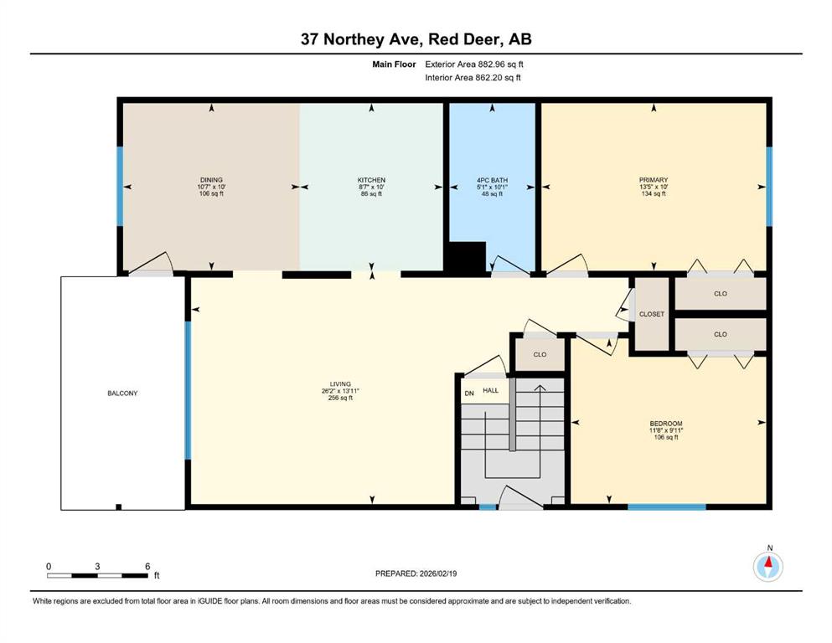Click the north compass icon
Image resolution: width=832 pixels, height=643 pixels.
pyautogui.click(x=767, y=566)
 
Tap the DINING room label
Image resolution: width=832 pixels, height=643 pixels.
pyautogui.click(x=211, y=180)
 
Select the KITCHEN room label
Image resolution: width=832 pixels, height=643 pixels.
pyautogui.click(x=371, y=180)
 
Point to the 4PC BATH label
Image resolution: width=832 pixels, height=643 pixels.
pyautogui.click(x=492, y=180)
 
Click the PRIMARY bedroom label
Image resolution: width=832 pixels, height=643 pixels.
pyautogui.click(x=654, y=180)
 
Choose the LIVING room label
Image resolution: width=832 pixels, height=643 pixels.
pyautogui.click(x=340, y=383)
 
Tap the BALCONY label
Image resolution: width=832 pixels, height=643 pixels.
pyautogui.click(x=122, y=394)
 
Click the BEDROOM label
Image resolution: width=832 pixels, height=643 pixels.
pyautogui.click(x=666, y=424)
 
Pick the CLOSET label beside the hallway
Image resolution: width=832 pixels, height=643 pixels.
pyautogui.click(x=652, y=314)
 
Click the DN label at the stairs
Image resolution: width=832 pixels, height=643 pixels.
pyautogui.click(x=469, y=394)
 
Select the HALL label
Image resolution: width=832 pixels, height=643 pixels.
pyautogui.click(x=490, y=390)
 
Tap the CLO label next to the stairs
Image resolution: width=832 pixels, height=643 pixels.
pyautogui.click(x=540, y=354)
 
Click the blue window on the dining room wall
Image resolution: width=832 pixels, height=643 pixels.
pyautogui.click(x=120, y=187)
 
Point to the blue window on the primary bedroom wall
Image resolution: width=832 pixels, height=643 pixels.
pyautogui.click(x=769, y=187)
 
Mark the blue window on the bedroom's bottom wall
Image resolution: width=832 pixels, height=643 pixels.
pyautogui.click(x=667, y=507)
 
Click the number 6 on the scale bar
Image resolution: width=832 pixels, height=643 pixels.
pyautogui.click(x=147, y=566)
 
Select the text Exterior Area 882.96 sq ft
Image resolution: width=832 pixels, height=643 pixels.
pyautogui.click(x=474, y=64)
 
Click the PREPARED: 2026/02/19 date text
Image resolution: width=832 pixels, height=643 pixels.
pyautogui.click(x=416, y=574)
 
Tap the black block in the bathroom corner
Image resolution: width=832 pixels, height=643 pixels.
pyautogui.click(x=465, y=258)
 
